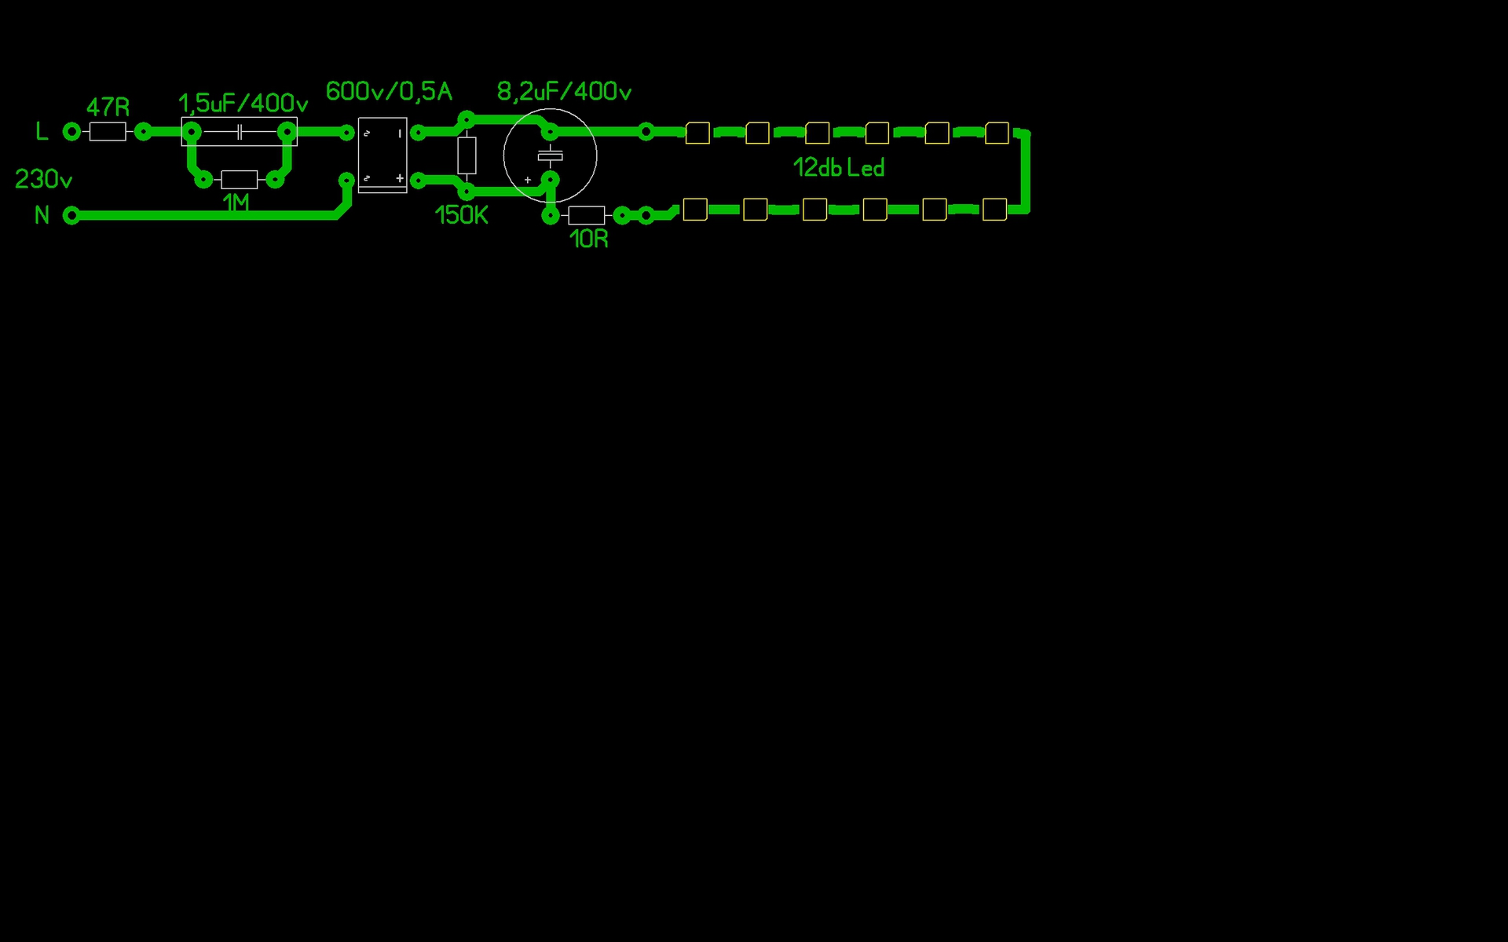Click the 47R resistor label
pyautogui.click(x=108, y=107)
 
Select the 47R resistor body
pyautogui.click(x=108, y=132)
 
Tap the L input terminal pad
pyautogui.click(x=71, y=132)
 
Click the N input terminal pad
pyautogui.click(x=71, y=215)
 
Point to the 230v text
pyautogui.click(x=43, y=180)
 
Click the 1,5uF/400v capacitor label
pyautogui.click(x=243, y=103)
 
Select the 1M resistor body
pyautogui.click(x=239, y=180)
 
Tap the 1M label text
pyautogui.click(x=236, y=203)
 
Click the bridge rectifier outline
pyautogui.click(x=382, y=155)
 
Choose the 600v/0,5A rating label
pyautogui.click(x=389, y=91)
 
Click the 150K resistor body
pyautogui.click(x=467, y=155)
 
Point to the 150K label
pyautogui.click(x=461, y=215)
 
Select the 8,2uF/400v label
pyautogui.click(x=564, y=92)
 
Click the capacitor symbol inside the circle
pyautogui.click(x=550, y=155)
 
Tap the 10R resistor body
pyautogui.click(x=586, y=215)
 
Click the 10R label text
pyautogui.click(x=588, y=239)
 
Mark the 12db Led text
pyautogui.click(x=838, y=168)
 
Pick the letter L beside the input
pyautogui.click(x=42, y=131)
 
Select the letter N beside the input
pyautogui.click(x=42, y=215)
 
